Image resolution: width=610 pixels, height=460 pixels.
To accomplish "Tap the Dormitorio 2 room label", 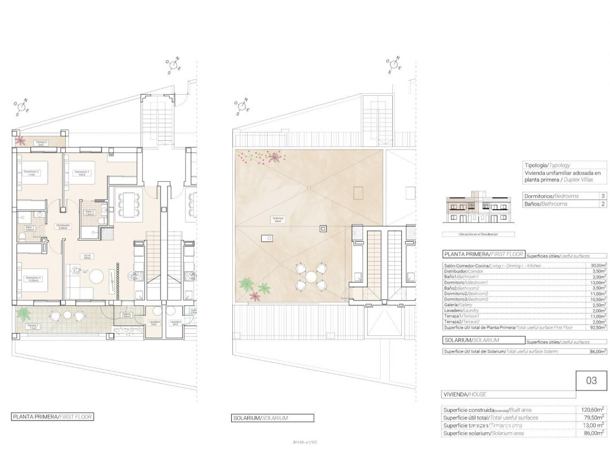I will (x=32, y=172).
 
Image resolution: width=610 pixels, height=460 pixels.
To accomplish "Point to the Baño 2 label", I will (x=89, y=212).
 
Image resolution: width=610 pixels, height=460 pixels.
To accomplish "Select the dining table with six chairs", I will (x=128, y=204).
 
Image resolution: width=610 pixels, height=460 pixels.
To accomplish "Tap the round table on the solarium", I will (x=311, y=277).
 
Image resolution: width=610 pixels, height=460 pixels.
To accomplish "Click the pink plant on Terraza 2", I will (x=20, y=141).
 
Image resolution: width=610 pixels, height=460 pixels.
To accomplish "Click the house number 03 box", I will (x=591, y=381).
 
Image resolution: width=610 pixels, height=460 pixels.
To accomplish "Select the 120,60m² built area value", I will (x=593, y=410).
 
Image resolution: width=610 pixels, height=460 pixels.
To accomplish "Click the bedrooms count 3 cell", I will (x=603, y=196).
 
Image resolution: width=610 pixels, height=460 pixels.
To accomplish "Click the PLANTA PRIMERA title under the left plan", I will (x=49, y=417).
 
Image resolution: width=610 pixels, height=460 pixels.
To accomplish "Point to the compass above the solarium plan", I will (x=394, y=64).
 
